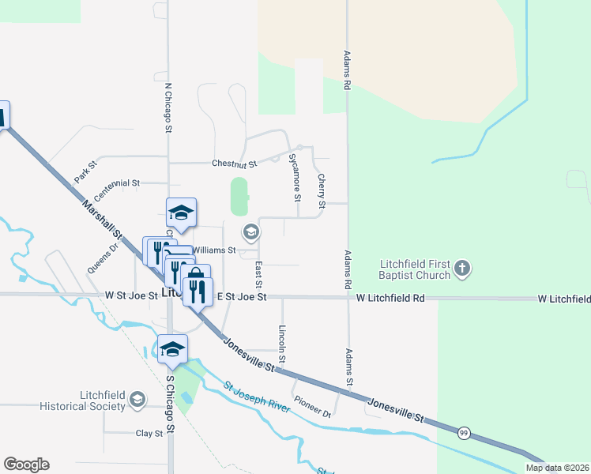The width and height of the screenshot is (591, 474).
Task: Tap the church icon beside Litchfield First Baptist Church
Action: [463, 270]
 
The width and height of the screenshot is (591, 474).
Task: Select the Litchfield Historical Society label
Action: [103, 401]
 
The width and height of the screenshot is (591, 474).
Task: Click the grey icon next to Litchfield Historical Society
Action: [138, 401]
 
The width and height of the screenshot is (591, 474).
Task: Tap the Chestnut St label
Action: [235, 164]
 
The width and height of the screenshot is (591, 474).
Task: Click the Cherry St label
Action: [321, 192]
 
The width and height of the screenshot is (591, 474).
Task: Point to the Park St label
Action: [85, 172]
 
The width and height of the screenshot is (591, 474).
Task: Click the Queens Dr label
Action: [103, 258]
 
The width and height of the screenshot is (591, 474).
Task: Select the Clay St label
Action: [149, 433]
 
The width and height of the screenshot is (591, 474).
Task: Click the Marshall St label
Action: [103, 221]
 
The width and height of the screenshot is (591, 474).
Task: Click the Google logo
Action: [26, 465]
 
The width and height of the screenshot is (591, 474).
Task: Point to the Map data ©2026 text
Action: [557, 468]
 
